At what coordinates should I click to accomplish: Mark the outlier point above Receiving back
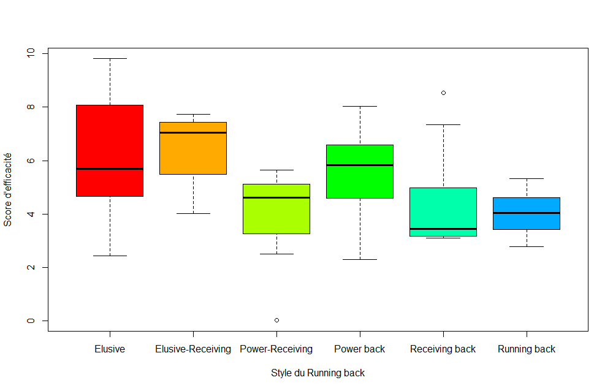click(x=443, y=93)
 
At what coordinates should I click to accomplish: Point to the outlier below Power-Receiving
click(x=276, y=320)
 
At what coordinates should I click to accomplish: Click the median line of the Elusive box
click(x=110, y=169)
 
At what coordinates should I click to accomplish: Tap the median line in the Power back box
click(x=360, y=165)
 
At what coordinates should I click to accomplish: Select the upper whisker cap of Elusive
click(x=110, y=59)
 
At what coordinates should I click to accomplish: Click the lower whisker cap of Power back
click(x=360, y=259)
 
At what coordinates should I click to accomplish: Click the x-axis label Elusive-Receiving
click(x=193, y=349)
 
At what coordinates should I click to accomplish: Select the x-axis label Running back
click(x=527, y=349)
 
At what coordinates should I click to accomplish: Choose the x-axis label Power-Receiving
click(x=276, y=349)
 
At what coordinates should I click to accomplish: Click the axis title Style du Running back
click(x=318, y=373)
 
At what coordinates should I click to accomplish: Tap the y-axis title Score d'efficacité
click(x=8, y=189)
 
